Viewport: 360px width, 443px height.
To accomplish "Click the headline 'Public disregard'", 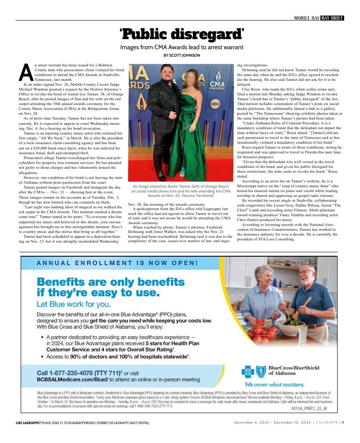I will tap(182, 33).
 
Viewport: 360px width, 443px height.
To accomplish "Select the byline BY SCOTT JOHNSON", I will tap(182, 55).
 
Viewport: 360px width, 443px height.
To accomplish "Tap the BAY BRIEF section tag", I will tap(332, 18).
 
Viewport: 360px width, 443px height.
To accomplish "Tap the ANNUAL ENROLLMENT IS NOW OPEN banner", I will tap(117, 263).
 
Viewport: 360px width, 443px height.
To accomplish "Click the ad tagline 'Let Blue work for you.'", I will tap(74, 304).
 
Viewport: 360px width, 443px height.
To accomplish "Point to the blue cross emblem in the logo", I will tap(248, 372).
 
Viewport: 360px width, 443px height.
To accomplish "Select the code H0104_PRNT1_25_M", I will tap(309, 408).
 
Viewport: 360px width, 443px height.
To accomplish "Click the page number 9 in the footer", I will tap(343, 423).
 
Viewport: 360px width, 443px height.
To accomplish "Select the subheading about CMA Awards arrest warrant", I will tap(182, 47).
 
